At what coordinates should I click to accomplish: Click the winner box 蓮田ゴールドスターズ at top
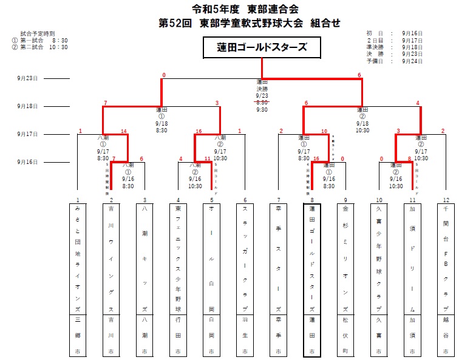tap(262, 47)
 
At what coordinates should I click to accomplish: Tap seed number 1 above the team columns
tap(78, 200)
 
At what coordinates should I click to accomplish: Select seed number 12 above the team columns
tap(446, 200)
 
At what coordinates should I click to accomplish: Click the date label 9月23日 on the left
tap(28, 78)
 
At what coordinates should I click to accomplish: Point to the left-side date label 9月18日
tap(28, 106)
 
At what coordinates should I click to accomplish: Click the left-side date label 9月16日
tap(28, 162)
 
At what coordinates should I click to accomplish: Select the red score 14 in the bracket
tap(124, 131)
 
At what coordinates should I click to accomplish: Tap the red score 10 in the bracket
tap(324, 131)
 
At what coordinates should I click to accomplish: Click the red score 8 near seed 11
tap(410, 159)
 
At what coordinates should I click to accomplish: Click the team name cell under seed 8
tap(311, 259)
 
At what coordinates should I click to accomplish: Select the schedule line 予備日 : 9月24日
tap(395, 61)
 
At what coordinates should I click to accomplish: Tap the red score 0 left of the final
tap(163, 75)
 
